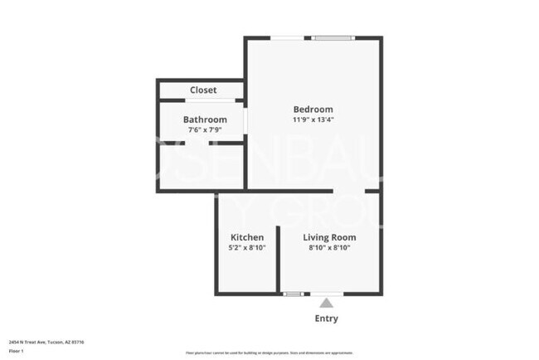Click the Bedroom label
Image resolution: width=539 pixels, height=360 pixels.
tap(313, 109)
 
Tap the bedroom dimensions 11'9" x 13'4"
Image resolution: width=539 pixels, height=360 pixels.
tap(313, 119)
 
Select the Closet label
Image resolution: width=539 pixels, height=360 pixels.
tap(203, 90)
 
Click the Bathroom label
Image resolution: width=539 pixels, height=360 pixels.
tap(205, 119)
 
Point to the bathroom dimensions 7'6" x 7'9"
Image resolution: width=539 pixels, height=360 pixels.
tap(205, 129)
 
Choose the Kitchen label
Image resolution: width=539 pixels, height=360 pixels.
tap(247, 237)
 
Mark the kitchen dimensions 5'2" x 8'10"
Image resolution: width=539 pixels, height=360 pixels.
tap(247, 247)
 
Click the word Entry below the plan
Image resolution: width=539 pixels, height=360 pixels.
tap(326, 319)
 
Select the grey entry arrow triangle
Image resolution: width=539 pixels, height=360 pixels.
tap(326, 302)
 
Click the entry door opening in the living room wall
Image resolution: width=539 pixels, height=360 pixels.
tap(325, 294)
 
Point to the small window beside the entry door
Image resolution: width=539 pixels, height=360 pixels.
tap(293, 294)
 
